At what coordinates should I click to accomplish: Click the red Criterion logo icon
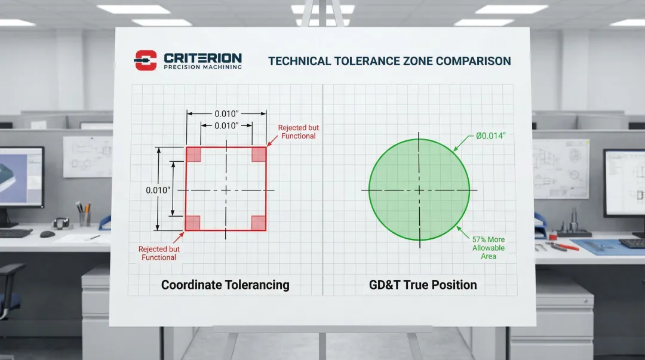pos(146,60)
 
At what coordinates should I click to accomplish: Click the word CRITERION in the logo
pos(203,58)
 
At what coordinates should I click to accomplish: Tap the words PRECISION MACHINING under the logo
pos(203,67)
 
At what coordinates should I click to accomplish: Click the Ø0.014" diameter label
pos(491,136)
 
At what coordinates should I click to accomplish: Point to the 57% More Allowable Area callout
pos(489,248)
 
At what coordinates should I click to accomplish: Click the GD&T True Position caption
pos(423,285)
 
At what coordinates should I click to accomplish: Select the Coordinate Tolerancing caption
pos(225,285)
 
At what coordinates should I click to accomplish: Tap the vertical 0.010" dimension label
pos(158,190)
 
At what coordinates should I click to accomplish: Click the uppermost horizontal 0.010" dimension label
pos(226,113)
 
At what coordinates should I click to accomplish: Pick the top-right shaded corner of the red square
pos(259,155)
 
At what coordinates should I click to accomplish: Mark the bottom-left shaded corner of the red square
pos(193,223)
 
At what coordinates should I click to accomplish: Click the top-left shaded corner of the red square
pos(193,155)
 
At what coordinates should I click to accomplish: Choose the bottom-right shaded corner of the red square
pos(259,223)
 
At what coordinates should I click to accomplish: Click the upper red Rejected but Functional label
pos(298,132)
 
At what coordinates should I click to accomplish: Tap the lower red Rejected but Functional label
pos(159,253)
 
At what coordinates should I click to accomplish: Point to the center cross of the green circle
pos(419,190)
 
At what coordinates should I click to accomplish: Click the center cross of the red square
pos(226,190)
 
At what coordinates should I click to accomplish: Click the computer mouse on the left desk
pos(47,234)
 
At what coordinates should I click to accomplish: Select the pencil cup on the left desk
pos(85,218)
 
